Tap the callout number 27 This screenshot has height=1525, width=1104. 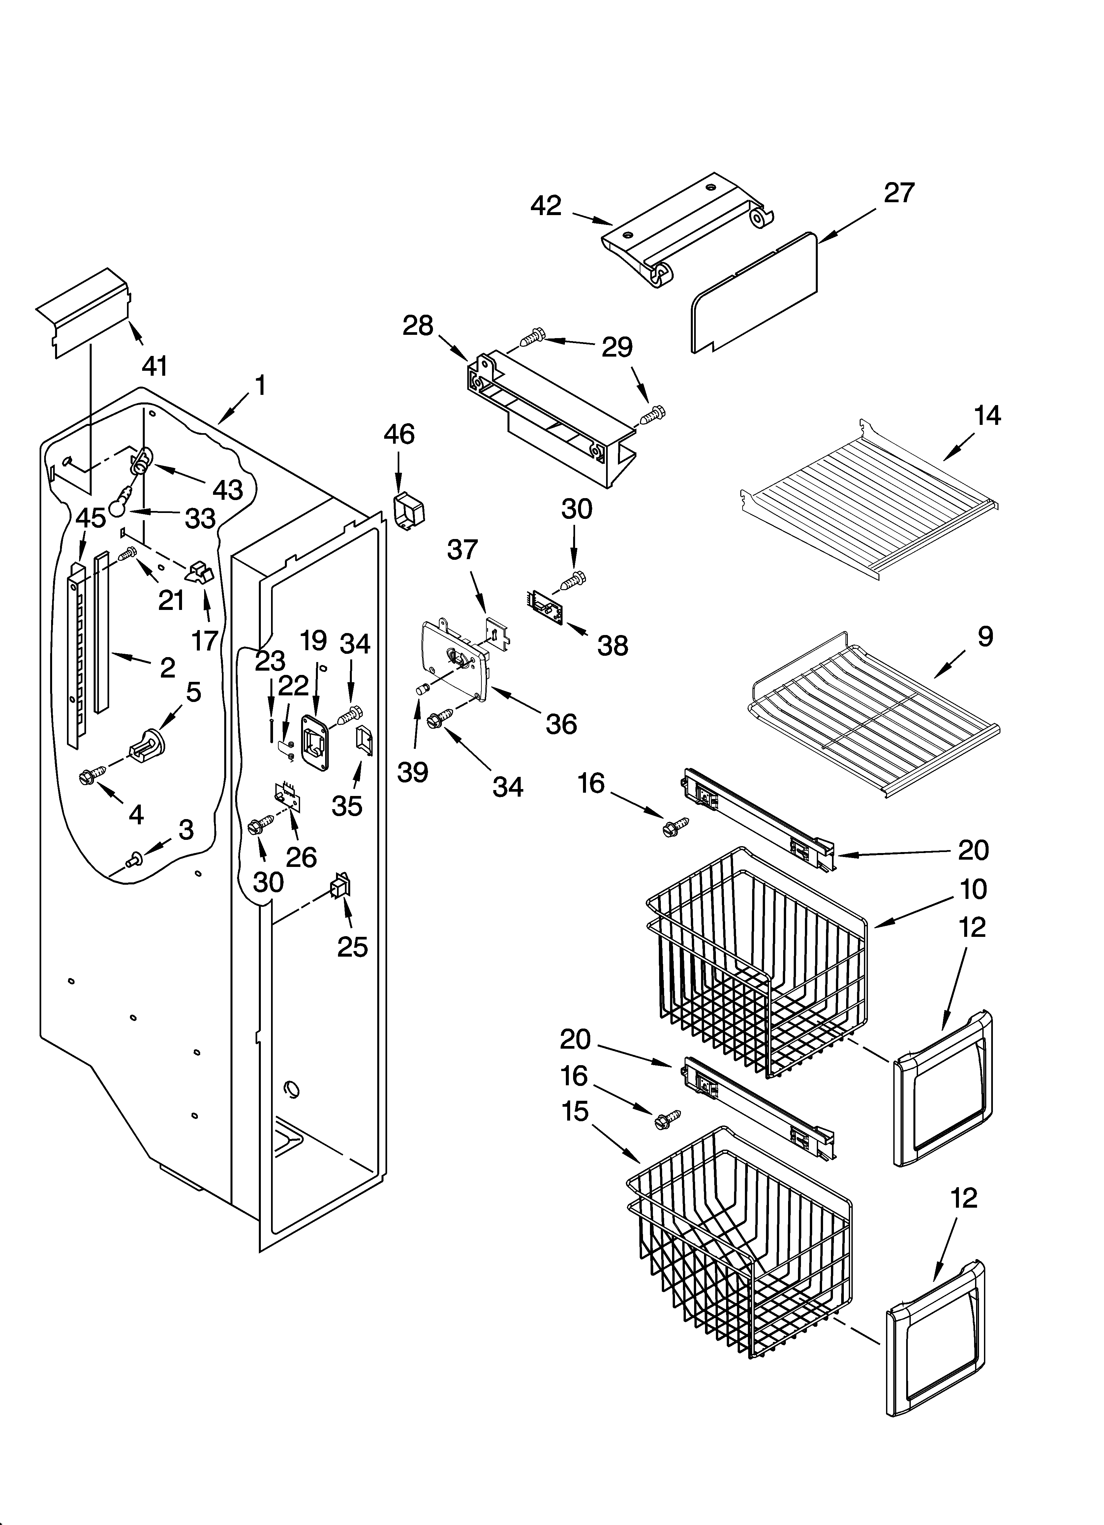[x=899, y=193]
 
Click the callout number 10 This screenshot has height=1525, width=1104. [x=973, y=889]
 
